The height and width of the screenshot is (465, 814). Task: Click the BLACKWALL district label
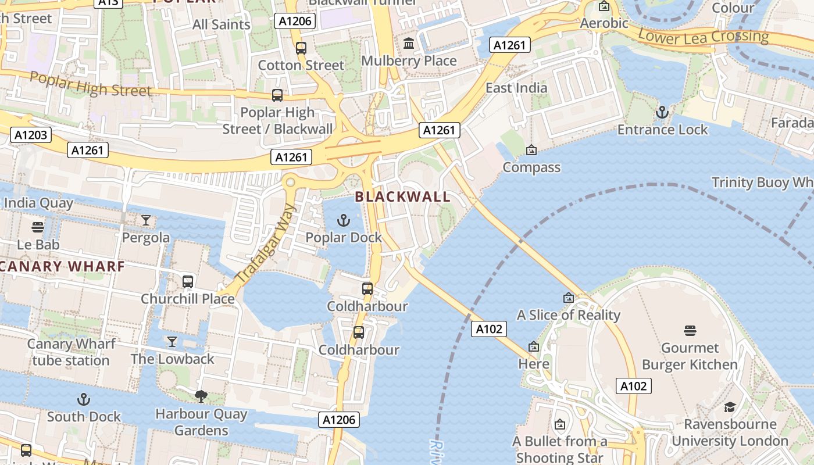pos(403,196)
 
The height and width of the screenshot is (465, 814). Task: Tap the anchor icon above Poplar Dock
pos(344,220)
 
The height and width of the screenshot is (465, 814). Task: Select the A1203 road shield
pos(31,135)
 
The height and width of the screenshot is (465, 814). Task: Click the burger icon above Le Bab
pos(38,227)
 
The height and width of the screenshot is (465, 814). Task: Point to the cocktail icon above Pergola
pos(146,220)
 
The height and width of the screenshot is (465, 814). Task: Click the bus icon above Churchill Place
pos(188,281)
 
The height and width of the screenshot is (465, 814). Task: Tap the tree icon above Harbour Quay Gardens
pos(201,396)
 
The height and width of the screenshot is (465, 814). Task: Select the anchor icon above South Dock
pos(84,399)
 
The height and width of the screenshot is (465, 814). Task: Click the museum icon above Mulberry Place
pos(409,44)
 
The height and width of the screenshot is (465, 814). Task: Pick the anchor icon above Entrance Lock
pos(662,112)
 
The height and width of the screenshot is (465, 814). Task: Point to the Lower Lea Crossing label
pos(703,36)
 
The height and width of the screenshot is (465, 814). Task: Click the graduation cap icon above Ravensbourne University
pos(730,406)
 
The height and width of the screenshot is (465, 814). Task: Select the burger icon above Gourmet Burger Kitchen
pos(690,331)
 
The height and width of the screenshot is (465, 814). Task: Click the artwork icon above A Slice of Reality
pos(569,298)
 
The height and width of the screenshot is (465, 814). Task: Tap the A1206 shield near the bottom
pos(339,420)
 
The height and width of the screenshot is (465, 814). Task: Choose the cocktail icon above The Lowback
pos(172,341)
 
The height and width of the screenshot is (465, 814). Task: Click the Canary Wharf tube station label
pos(71,352)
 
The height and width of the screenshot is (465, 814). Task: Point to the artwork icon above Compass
pos(531,150)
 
